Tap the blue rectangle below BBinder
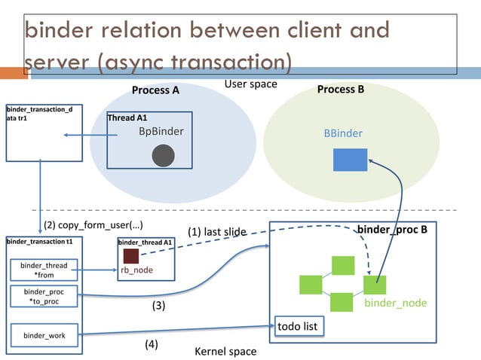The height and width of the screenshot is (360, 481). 350,160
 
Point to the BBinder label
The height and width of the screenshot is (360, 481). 343,133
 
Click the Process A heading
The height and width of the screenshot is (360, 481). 155,90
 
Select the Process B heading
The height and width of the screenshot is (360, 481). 341,90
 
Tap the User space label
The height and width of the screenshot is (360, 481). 250,84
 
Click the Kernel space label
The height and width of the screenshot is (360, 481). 225,351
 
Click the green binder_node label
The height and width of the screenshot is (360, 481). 395,303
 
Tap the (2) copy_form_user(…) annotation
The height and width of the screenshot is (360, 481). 93,225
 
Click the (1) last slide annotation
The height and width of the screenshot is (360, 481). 217,232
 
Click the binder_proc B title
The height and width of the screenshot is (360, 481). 392,229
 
